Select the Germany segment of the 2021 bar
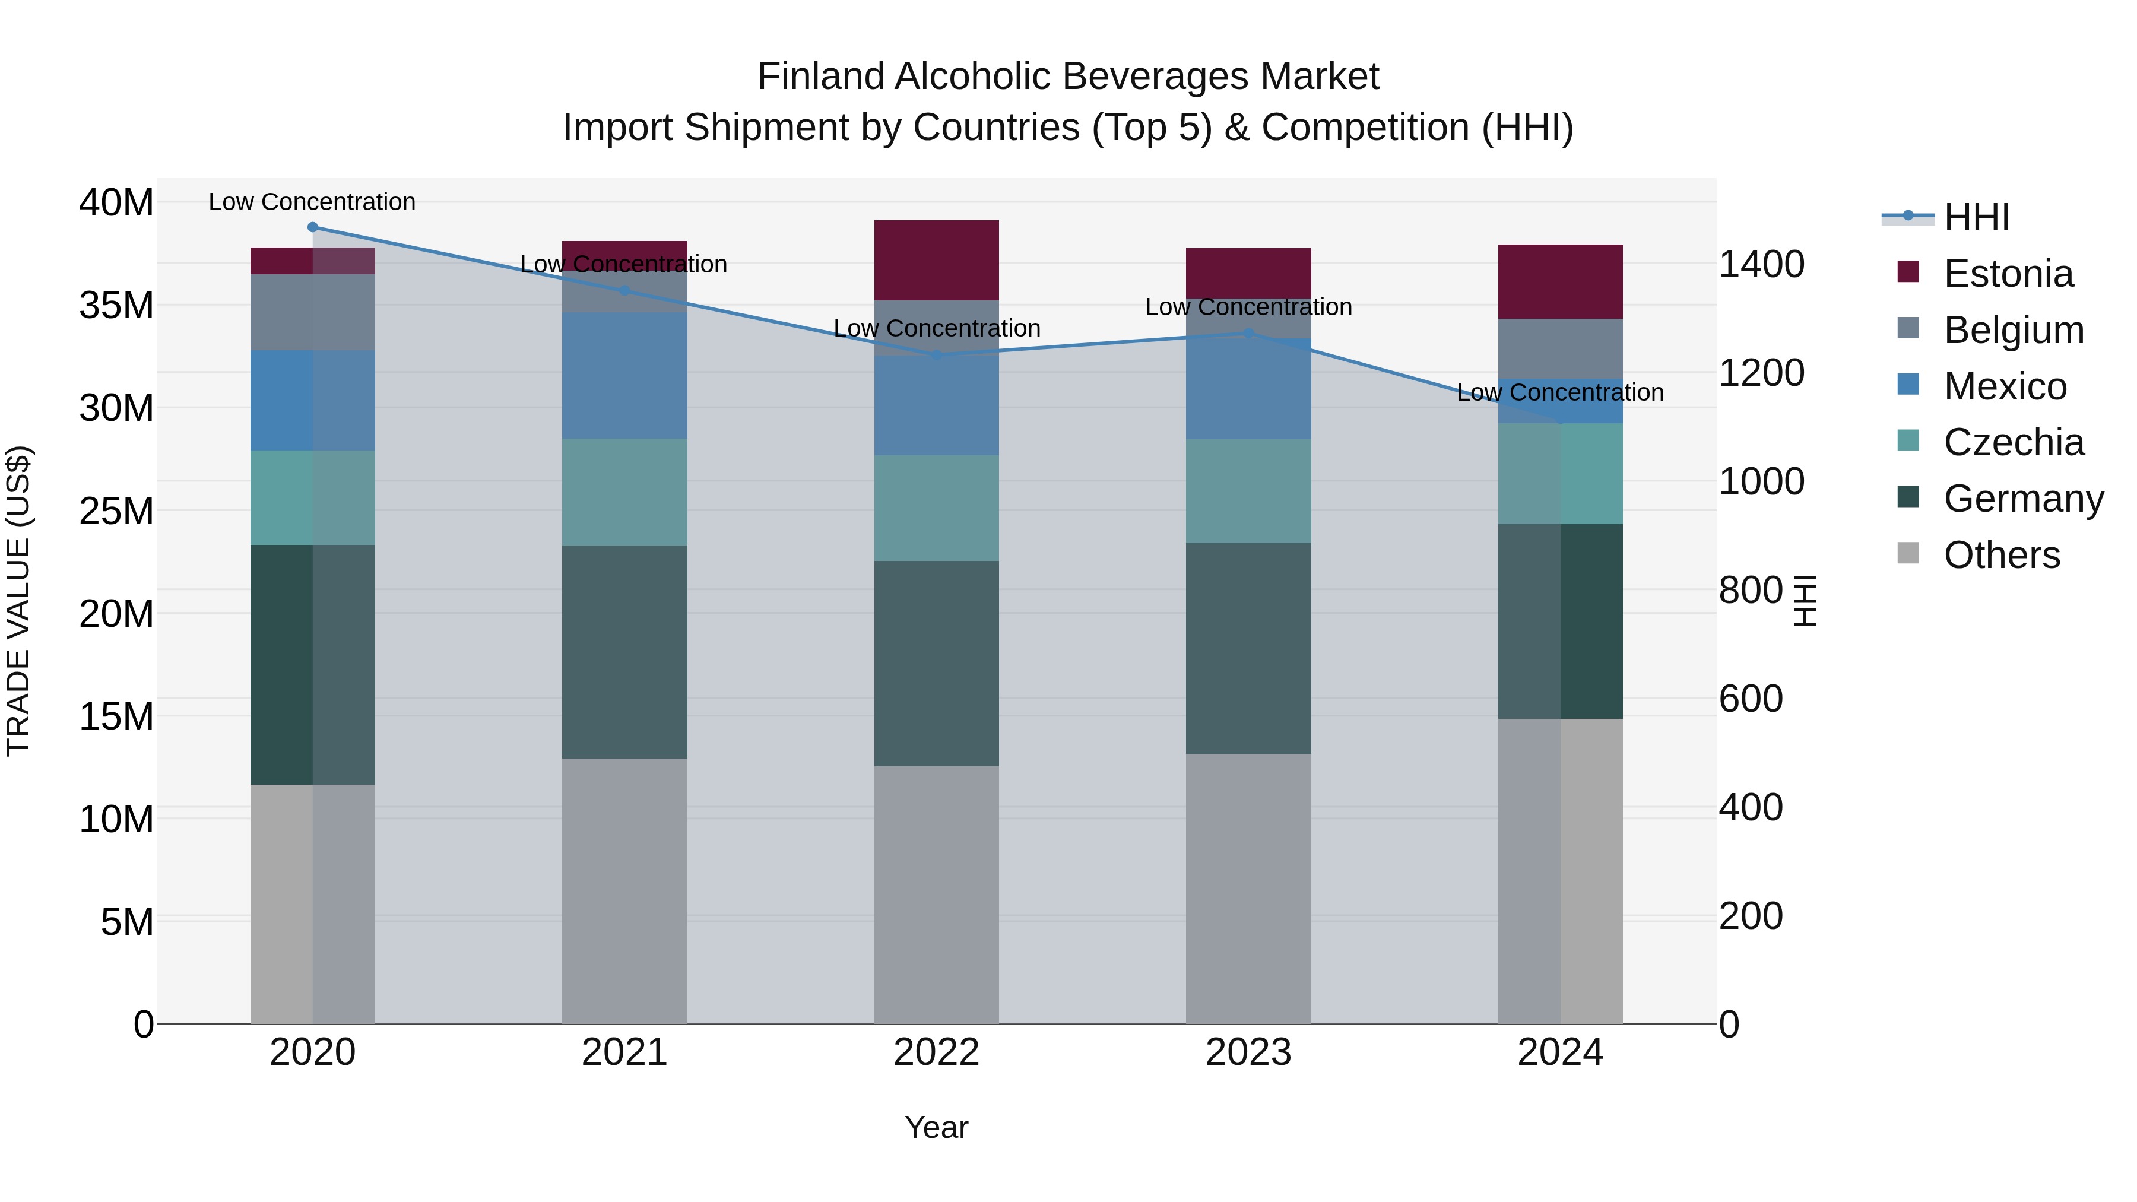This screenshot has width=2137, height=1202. click(x=624, y=651)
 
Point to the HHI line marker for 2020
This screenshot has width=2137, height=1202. click(x=313, y=227)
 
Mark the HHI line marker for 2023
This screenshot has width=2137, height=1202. click(x=1248, y=334)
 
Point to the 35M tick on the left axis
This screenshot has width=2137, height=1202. click(x=116, y=305)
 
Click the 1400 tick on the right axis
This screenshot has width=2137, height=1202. click(x=1761, y=265)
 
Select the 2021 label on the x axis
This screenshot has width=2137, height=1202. click(x=624, y=1052)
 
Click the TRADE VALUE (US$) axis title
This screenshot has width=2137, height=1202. click(x=18, y=601)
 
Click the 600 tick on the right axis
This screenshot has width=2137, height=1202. click(x=1751, y=699)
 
